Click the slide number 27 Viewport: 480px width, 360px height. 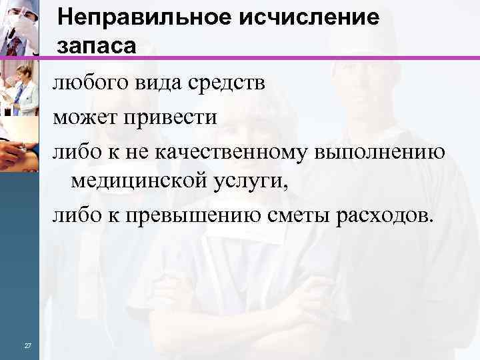(x=27, y=345)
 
